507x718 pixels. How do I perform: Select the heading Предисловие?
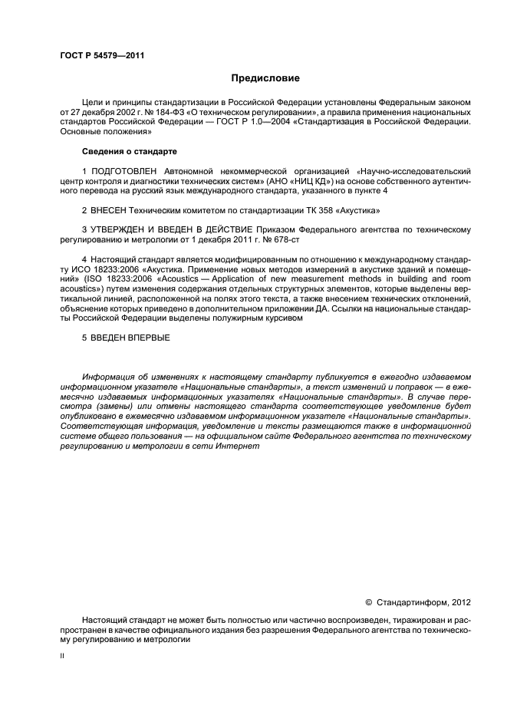(x=266, y=78)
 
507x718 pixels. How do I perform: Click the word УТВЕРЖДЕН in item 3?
(x=123, y=229)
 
